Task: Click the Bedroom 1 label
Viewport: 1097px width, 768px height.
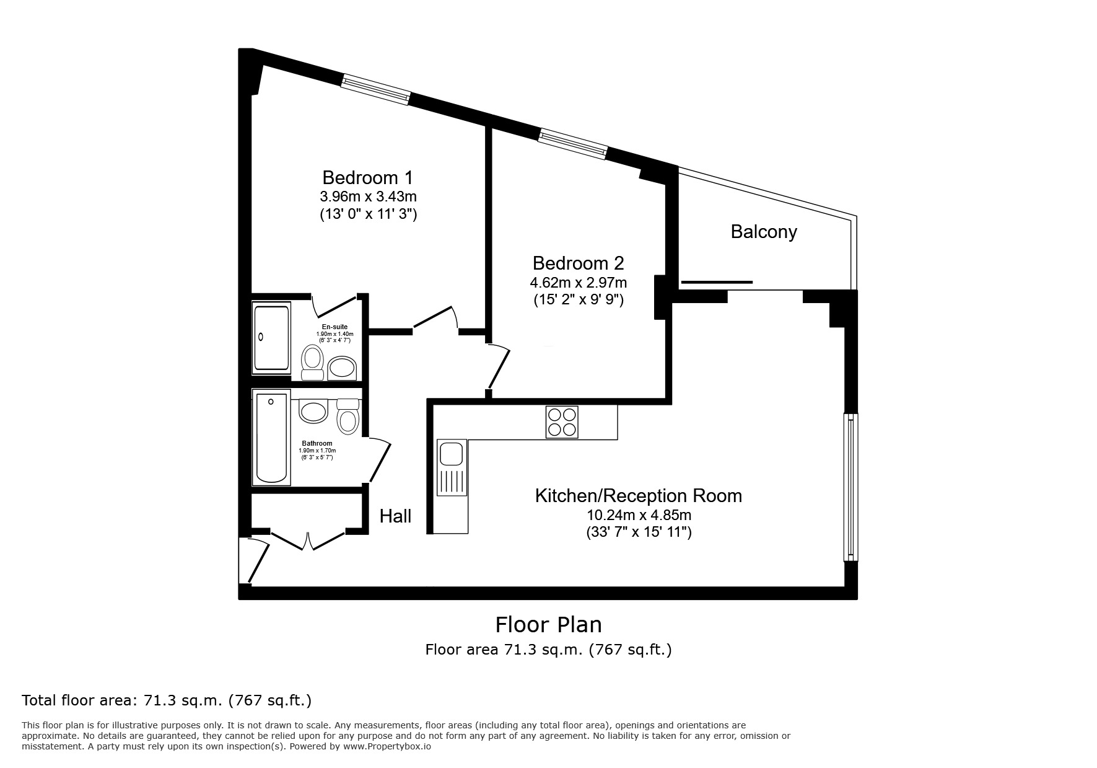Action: coord(367,178)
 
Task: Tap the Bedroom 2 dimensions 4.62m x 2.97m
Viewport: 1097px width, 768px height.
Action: coord(578,283)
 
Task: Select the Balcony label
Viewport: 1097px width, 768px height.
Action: coord(763,232)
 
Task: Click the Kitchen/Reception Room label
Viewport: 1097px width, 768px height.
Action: coord(638,496)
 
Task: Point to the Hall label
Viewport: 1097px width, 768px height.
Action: coord(395,516)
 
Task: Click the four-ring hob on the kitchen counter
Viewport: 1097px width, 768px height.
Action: coord(562,422)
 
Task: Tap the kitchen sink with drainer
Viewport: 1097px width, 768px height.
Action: coord(451,468)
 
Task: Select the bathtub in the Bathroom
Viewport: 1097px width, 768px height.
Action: coord(271,438)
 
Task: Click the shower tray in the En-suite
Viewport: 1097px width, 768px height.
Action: coord(271,337)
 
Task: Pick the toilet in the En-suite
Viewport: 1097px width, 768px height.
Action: coord(312,363)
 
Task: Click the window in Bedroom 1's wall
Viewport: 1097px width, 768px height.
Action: coord(376,89)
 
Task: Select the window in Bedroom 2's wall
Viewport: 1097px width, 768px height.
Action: coord(572,143)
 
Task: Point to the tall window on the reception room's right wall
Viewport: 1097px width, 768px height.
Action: coord(850,487)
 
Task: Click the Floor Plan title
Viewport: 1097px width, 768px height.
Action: coord(548,624)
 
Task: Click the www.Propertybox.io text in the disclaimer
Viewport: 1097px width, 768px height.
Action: coord(387,747)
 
